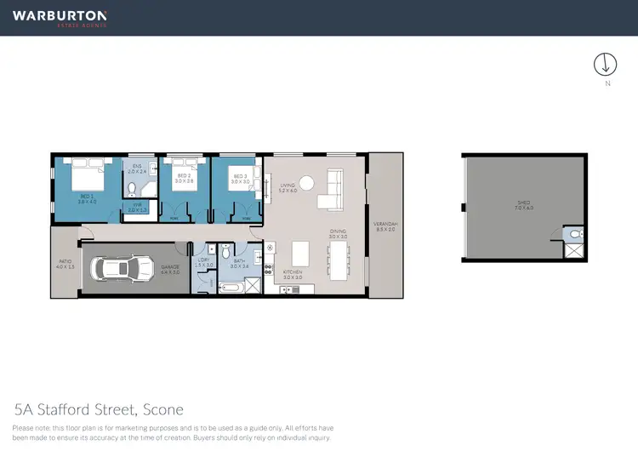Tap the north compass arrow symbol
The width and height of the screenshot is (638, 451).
[x=605, y=65]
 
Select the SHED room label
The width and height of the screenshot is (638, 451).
[x=523, y=203]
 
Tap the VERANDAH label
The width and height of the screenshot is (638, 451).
[x=385, y=225]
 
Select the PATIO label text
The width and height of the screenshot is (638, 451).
[x=65, y=263]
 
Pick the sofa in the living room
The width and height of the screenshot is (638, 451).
[x=333, y=190]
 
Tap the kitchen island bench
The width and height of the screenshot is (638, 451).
[x=299, y=253]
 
